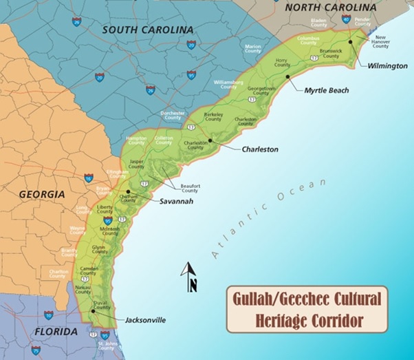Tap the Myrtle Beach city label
[x=327, y=90]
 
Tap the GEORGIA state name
[x=41, y=195]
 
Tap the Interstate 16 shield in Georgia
[x=89, y=178]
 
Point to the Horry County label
[x=281, y=63]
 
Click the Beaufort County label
[x=189, y=186]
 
